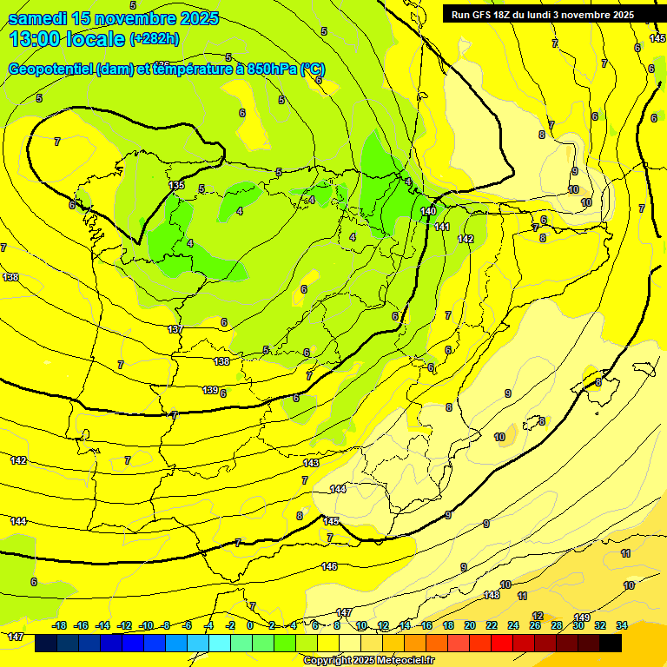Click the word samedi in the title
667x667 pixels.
click(x=38, y=18)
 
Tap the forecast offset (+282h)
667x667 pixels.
click(x=155, y=39)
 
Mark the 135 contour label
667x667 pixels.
click(x=176, y=185)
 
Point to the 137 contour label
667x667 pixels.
click(x=175, y=329)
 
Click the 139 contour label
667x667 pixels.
click(x=210, y=390)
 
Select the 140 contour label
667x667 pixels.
click(x=428, y=211)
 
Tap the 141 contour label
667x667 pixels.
click(x=442, y=227)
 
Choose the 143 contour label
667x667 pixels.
click(x=311, y=463)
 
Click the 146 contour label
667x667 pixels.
click(x=329, y=566)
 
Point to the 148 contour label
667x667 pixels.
click(x=492, y=595)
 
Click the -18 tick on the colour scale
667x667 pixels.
click(x=60, y=625)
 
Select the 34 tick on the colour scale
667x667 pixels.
click(x=621, y=625)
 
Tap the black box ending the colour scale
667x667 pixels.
click(x=611, y=643)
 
